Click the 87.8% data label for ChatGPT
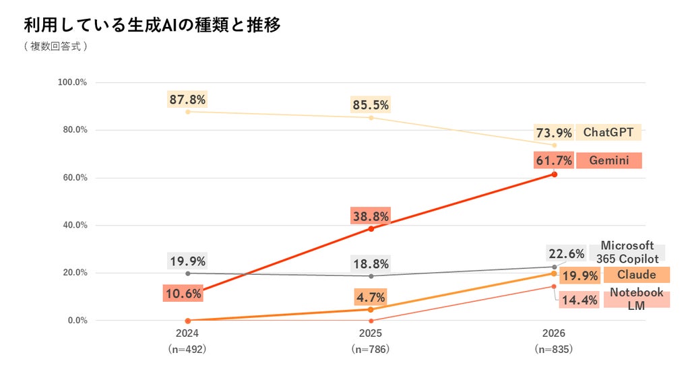(x=187, y=100)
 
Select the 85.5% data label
(x=371, y=104)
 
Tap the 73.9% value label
(x=554, y=133)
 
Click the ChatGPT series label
(x=608, y=132)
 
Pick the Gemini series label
(x=609, y=160)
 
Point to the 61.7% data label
(x=554, y=160)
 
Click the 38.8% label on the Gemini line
(x=371, y=216)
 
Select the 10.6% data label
(x=183, y=294)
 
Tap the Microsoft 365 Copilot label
(x=627, y=252)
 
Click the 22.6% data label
(x=566, y=254)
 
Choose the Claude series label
(x=637, y=275)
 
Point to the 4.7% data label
(x=371, y=297)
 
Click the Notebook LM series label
(x=637, y=298)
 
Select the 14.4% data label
(x=579, y=300)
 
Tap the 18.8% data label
(x=371, y=264)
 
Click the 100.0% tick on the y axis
(x=72, y=82)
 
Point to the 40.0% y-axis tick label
(x=75, y=225)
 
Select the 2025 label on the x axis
(x=371, y=333)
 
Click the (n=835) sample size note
(x=554, y=350)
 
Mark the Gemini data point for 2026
(x=555, y=174)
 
